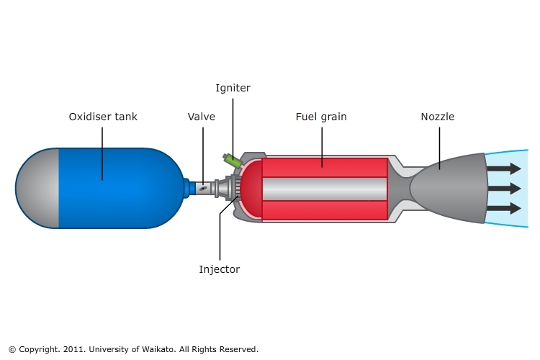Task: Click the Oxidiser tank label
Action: click(102, 116)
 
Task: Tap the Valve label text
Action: click(202, 116)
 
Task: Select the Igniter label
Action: click(233, 88)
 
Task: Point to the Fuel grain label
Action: click(322, 116)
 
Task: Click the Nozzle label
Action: click(438, 116)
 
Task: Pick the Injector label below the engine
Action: click(220, 270)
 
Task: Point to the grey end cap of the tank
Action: click(37, 188)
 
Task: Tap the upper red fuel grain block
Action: click(324, 167)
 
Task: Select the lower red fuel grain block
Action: click(324, 210)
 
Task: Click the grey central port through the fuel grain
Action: click(324, 189)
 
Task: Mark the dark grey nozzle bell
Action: click(450, 189)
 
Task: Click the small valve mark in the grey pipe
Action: click(204, 189)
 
